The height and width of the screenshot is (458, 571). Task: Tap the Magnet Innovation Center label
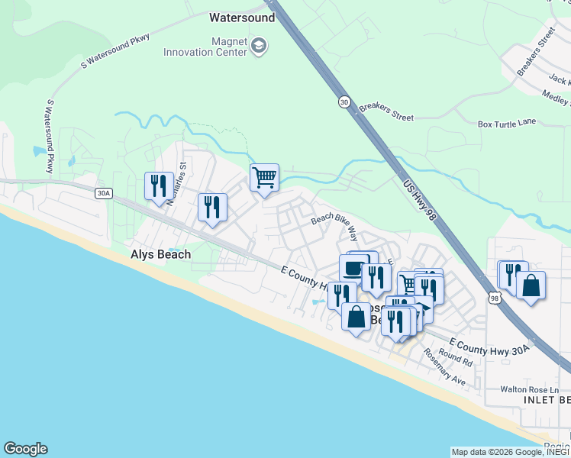click(x=206, y=46)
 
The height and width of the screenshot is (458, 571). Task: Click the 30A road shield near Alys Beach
click(x=104, y=194)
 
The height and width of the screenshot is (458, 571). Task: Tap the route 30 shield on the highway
click(x=345, y=102)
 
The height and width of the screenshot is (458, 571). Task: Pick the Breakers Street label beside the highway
click(x=386, y=111)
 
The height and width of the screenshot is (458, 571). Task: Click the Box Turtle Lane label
click(x=507, y=123)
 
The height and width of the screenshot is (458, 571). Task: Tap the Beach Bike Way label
click(x=334, y=223)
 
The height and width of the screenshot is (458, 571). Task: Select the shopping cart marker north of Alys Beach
click(x=264, y=178)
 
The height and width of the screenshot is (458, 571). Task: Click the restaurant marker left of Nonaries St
click(x=159, y=186)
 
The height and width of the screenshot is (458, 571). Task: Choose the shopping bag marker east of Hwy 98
click(x=531, y=286)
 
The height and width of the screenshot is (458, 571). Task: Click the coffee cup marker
click(x=353, y=269)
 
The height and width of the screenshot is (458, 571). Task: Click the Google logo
click(x=25, y=449)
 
